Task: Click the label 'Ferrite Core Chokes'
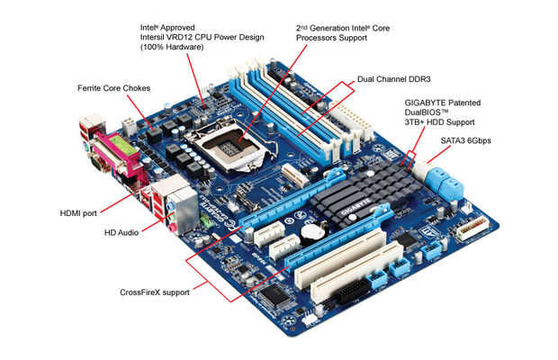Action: click(x=112, y=88)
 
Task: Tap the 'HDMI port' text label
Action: click(x=80, y=213)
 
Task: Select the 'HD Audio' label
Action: click(x=124, y=232)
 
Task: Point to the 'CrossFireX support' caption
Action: click(x=155, y=292)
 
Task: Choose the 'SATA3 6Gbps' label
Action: click(x=467, y=141)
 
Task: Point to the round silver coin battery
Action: click(x=311, y=231)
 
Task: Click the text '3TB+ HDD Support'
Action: click(x=439, y=121)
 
